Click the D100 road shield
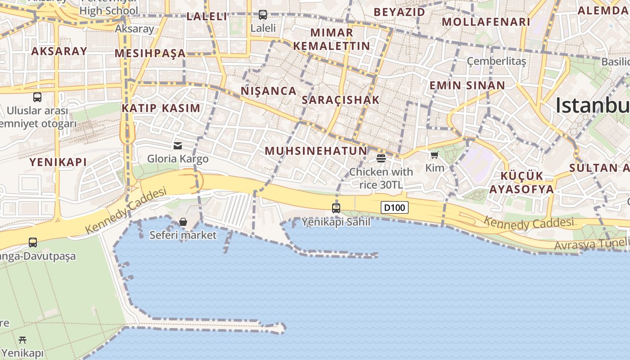tap(395, 207)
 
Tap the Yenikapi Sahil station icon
tap(336, 208)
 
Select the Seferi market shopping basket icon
tap(183, 222)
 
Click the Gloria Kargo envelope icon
tap(178, 145)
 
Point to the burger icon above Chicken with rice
tap(381, 158)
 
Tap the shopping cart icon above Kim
tap(434, 155)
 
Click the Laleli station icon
tap(263, 14)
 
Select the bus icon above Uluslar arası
tap(37, 97)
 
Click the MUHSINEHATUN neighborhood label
tap(316, 151)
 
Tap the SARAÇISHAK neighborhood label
tap(341, 100)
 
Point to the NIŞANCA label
tap(269, 91)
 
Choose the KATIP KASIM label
tap(161, 108)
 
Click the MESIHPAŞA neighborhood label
tap(150, 54)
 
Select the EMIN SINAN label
tap(467, 85)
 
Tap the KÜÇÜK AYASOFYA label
tap(522, 182)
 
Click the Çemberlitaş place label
tap(496, 61)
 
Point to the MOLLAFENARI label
tap(486, 22)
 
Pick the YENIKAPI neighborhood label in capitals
tap(58, 162)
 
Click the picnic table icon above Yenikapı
tap(22, 340)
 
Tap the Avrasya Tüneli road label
tap(591, 244)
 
